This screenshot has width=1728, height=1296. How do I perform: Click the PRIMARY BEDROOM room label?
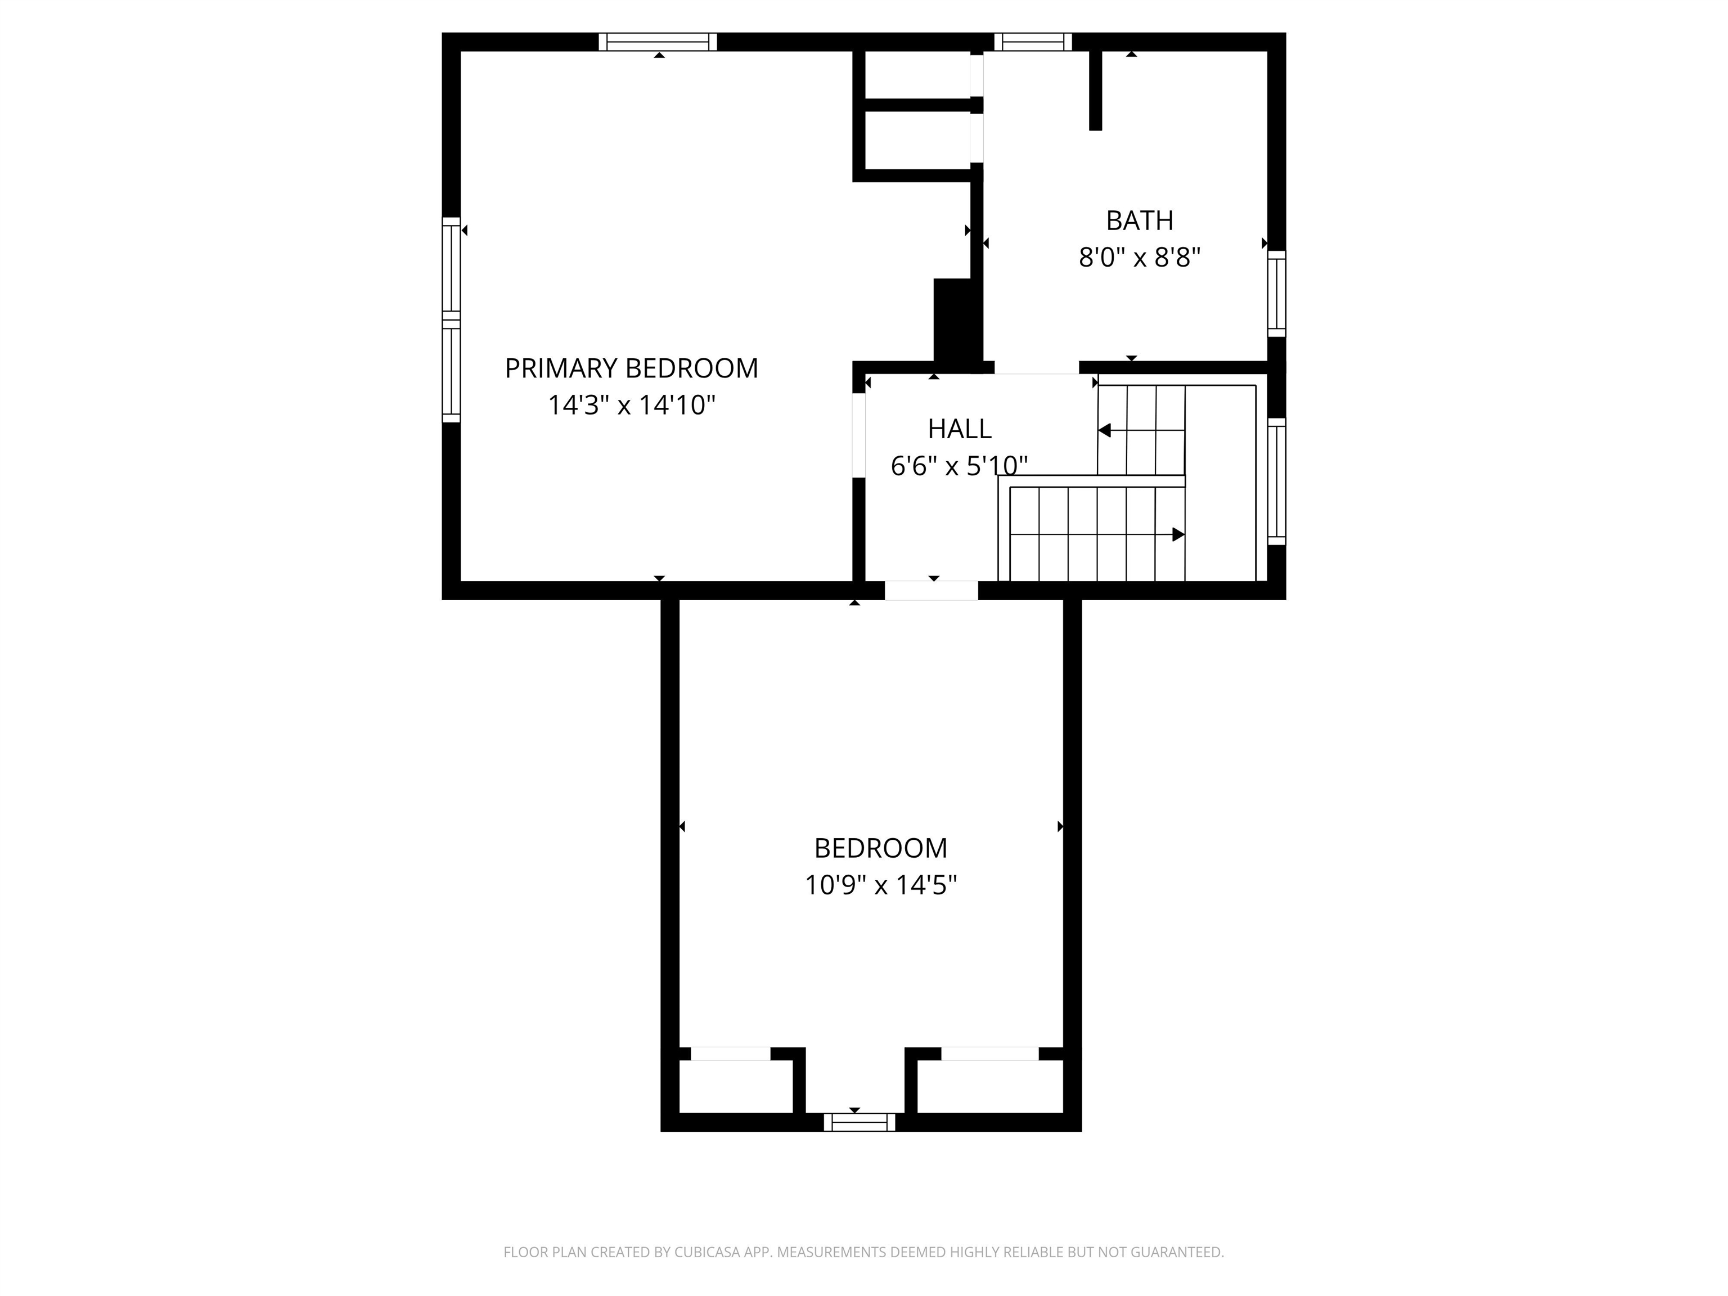pyautogui.click(x=631, y=368)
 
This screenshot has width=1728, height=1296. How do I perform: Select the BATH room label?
pyautogui.click(x=1139, y=221)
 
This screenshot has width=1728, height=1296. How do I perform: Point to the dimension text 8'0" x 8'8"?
pyautogui.click(x=1139, y=257)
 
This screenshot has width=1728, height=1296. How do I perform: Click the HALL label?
pyautogui.click(x=959, y=429)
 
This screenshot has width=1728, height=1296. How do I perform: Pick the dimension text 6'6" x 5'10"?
pyautogui.click(x=958, y=466)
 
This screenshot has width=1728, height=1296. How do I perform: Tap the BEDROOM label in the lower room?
pyautogui.click(x=880, y=848)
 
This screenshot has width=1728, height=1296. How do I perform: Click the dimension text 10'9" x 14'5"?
pyautogui.click(x=880, y=885)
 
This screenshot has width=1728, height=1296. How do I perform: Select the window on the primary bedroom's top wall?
pyautogui.click(x=658, y=42)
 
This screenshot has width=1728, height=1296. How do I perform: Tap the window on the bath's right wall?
pyautogui.click(x=1276, y=293)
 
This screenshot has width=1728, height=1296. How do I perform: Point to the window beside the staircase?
pyautogui.click(x=1276, y=481)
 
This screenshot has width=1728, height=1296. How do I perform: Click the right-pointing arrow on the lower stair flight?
pyautogui.click(x=1178, y=534)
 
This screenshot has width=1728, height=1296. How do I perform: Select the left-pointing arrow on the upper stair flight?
pyautogui.click(x=1105, y=430)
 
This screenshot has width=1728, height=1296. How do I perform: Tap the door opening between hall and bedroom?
pyautogui.click(x=931, y=591)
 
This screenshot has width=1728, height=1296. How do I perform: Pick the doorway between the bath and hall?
pyautogui.click(x=1036, y=367)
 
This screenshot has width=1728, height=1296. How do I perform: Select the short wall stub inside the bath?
pyautogui.click(x=1095, y=90)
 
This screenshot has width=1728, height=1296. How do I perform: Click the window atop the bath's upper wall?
pyautogui.click(x=1033, y=42)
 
